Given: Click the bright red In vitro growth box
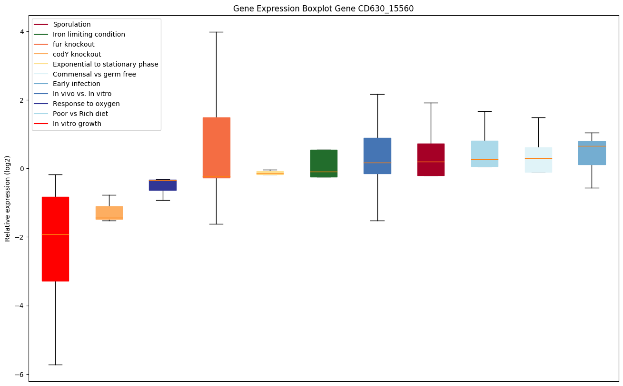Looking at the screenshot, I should click(55, 257).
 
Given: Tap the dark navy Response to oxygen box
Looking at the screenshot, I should click(163, 185).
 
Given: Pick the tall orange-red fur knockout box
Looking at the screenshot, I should click(217, 147).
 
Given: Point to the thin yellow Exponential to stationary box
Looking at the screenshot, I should click(270, 173).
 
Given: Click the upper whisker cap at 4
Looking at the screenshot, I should click(217, 32).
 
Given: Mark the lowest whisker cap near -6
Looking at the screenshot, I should click(55, 365).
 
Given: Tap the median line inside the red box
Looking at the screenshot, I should click(55, 234).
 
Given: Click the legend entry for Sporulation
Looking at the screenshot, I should click(72, 24).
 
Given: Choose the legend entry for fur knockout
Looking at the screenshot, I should click(74, 44).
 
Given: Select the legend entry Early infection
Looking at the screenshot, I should click(77, 84).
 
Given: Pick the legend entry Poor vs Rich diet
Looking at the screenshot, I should click(80, 114).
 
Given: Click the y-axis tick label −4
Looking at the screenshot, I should click(20, 306).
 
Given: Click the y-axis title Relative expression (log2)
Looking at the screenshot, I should click(8, 199).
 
